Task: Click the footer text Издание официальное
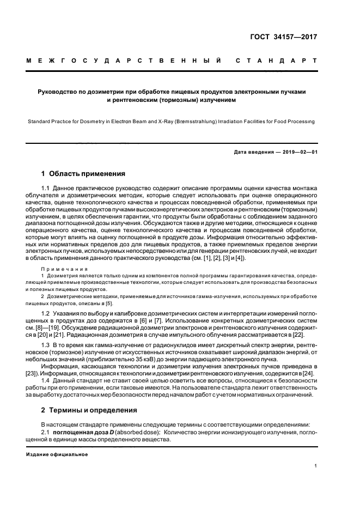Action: (x=57, y=454)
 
